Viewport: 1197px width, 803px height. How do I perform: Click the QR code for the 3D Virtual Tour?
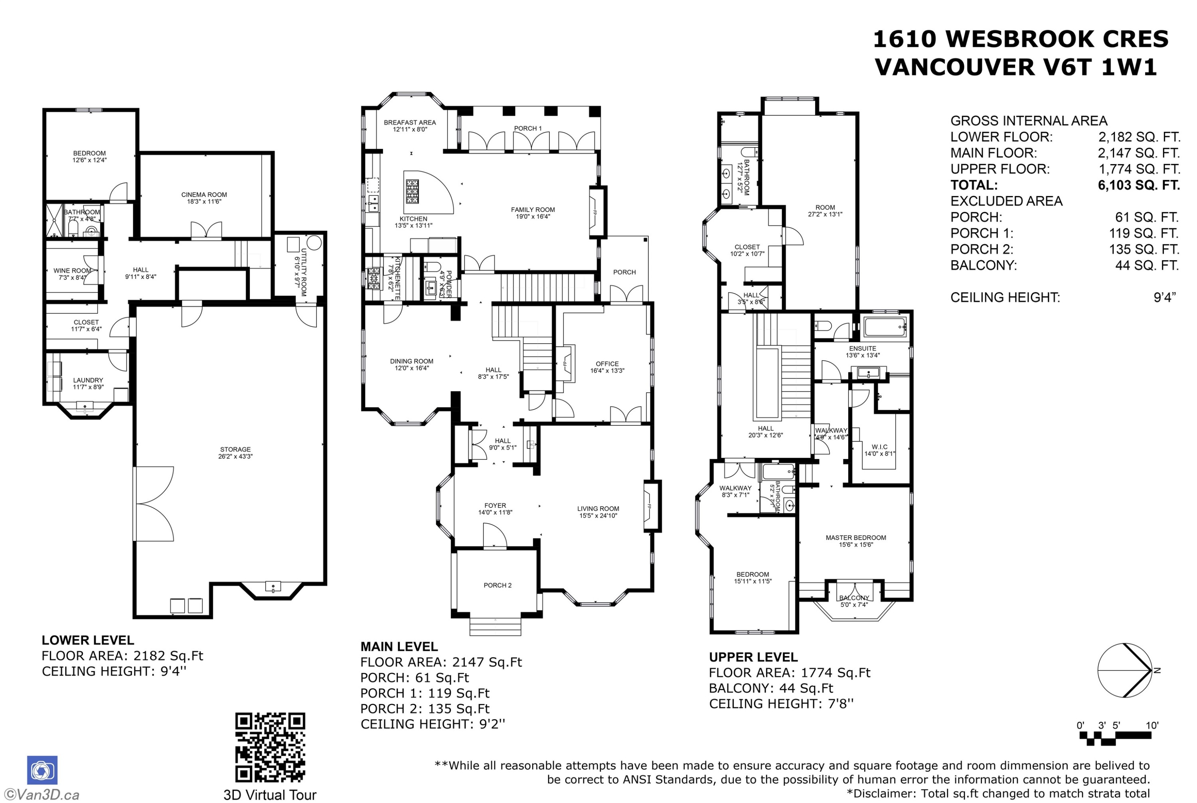[x=270, y=747]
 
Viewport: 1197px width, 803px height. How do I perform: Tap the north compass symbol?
[x=1125, y=670]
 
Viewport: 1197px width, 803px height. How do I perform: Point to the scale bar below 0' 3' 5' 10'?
[x=1115, y=738]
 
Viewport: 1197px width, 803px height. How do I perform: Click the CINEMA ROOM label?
[x=204, y=198]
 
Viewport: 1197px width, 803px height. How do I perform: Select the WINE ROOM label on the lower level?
[x=72, y=273]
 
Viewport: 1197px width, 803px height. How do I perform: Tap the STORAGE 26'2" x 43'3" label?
[x=235, y=453]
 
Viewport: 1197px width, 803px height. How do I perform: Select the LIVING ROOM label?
[x=598, y=512]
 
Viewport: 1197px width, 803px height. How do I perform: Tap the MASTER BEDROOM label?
[x=855, y=541]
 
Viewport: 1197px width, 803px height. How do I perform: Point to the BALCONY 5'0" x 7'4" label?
[x=854, y=601]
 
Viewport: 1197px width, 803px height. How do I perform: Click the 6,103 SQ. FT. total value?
[x=1139, y=185]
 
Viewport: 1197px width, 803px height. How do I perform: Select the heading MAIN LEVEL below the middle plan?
[x=399, y=647]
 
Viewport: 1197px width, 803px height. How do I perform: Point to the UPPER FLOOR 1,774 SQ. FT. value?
[x=1139, y=169]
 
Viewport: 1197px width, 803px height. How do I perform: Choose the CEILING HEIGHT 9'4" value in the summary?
[x=1164, y=298]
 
